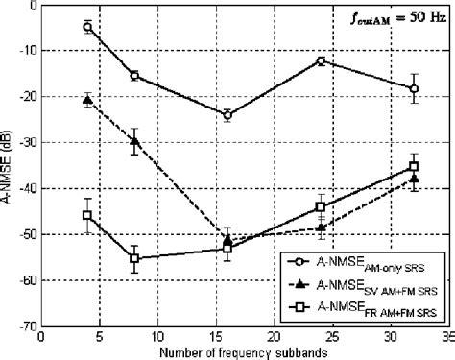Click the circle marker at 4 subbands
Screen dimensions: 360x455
[x=87, y=27]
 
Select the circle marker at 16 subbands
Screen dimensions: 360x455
[x=227, y=115]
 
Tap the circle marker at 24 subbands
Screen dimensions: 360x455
[x=321, y=60]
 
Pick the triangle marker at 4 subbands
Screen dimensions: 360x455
[x=87, y=100]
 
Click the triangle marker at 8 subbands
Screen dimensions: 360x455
[x=134, y=141]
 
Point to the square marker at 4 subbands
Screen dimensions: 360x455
[x=87, y=215]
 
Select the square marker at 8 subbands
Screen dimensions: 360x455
[x=134, y=258]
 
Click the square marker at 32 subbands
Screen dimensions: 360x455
[x=414, y=166]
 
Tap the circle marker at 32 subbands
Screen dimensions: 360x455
[x=414, y=88]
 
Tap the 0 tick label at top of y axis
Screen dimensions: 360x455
[x=32, y=5]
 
